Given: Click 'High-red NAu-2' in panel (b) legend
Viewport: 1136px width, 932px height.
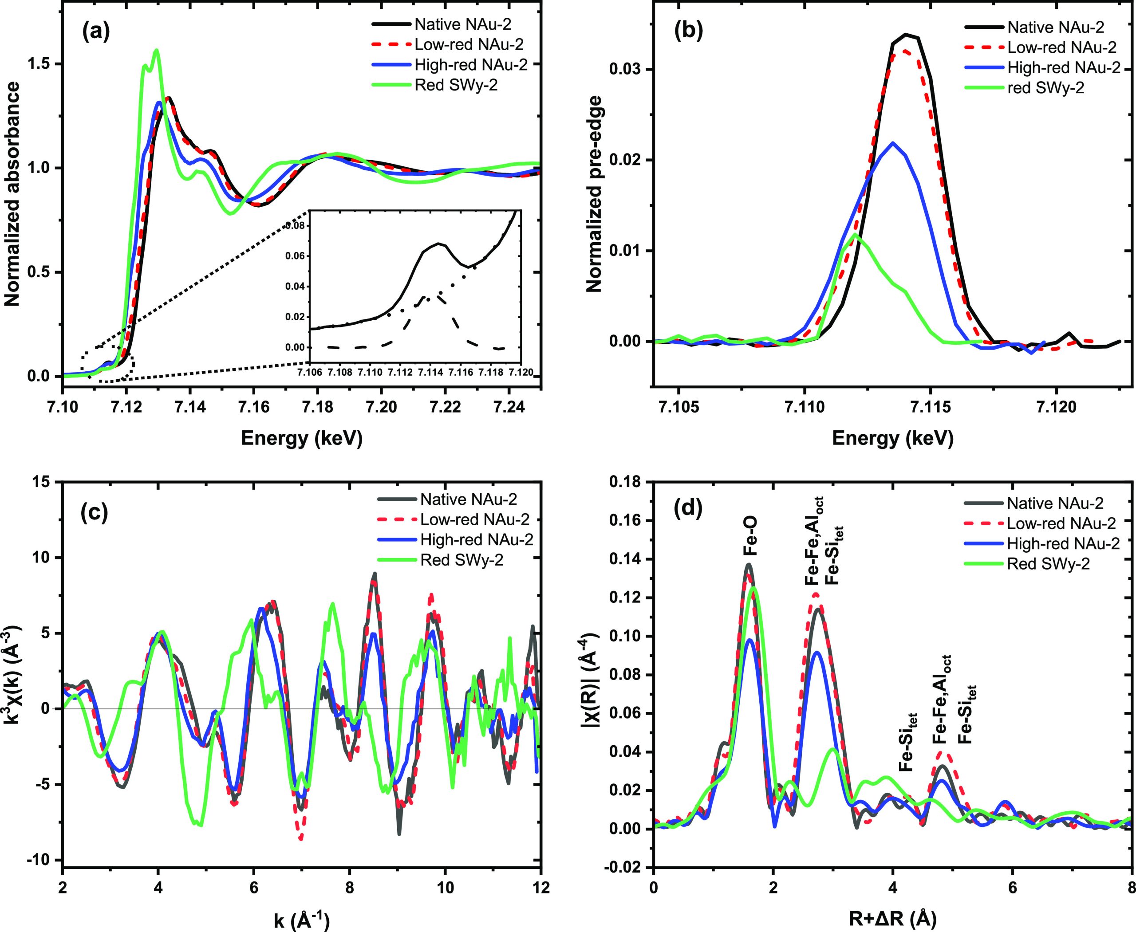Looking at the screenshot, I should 1064,67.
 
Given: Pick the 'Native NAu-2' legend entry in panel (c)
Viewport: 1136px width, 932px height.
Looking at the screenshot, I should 468,499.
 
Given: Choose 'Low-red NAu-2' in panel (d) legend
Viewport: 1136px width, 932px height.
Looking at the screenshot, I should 1061,523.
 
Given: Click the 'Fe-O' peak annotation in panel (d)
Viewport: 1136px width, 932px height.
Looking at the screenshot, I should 749,537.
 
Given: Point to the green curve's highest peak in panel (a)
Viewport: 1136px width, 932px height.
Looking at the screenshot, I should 156,50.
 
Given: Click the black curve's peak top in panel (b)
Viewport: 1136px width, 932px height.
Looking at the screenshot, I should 906,34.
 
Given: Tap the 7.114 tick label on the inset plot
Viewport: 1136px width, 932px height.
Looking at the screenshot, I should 429,372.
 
